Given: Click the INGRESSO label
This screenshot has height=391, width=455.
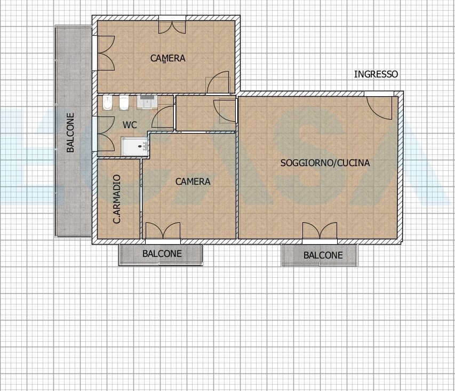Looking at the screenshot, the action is (x=376, y=74).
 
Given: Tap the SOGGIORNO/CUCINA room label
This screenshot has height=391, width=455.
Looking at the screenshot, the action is (x=325, y=163).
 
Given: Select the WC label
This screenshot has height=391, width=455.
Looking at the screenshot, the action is (x=130, y=125).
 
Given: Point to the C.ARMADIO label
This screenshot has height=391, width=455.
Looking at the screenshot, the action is (x=117, y=199).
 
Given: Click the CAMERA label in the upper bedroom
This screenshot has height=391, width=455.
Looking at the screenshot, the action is (x=167, y=58).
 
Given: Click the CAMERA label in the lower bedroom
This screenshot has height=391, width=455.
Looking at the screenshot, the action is (x=193, y=182).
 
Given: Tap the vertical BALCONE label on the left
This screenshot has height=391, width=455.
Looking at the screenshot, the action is (x=70, y=132).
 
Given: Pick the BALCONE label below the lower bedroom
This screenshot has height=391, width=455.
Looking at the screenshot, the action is (x=162, y=254).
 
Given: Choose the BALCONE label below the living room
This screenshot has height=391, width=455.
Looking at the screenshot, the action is (x=323, y=255).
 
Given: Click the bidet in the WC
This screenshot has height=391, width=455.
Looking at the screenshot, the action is (x=107, y=103).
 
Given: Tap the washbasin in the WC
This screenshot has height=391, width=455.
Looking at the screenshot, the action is (x=147, y=102).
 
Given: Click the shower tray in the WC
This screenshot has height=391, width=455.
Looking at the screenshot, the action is (x=135, y=146).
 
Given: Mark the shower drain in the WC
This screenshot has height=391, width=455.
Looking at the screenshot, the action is (x=143, y=146).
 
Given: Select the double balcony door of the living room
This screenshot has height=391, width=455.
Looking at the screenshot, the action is (x=320, y=230).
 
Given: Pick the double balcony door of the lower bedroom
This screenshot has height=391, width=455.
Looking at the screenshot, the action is (x=163, y=230).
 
